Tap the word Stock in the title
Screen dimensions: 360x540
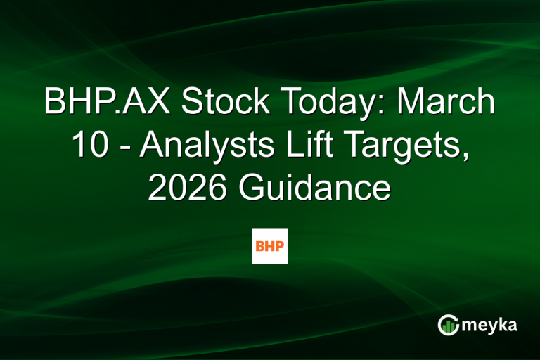(x=223, y=103)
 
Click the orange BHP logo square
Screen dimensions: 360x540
(x=270, y=245)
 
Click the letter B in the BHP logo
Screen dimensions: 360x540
(x=260, y=245)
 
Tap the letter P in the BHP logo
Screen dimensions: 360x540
(x=280, y=245)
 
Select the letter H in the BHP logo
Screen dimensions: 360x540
(x=270, y=245)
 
